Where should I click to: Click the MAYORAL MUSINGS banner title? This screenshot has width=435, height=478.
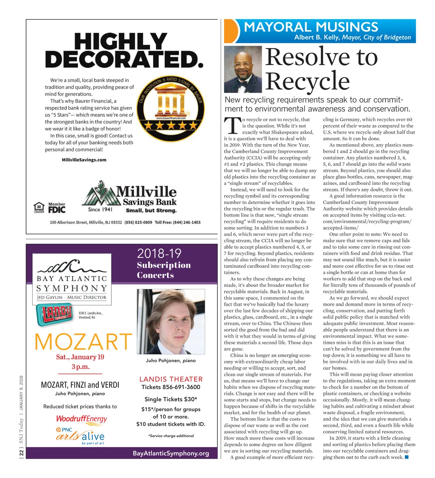[x=311, y=27]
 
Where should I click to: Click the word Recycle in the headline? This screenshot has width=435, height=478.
[x=307, y=81]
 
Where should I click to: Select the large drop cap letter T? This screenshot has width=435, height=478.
[x=232, y=126]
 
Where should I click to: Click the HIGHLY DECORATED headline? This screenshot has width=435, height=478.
[x=124, y=50]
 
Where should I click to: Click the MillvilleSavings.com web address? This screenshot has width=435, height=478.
[x=84, y=160]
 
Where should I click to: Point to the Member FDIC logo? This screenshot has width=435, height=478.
[x=57, y=208]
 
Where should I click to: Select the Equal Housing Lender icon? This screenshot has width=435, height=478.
[x=39, y=207]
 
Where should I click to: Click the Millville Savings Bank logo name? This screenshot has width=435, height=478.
[x=146, y=196]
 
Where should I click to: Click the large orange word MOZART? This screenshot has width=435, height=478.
[x=83, y=342]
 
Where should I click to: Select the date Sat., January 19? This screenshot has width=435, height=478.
[x=80, y=357]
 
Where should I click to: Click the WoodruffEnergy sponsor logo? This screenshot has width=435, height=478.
[x=82, y=419]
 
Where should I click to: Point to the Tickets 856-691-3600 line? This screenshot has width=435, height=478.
[x=171, y=387]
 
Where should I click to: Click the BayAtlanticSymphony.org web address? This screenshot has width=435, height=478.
[x=171, y=453]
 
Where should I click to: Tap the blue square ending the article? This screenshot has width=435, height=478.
[x=407, y=457]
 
